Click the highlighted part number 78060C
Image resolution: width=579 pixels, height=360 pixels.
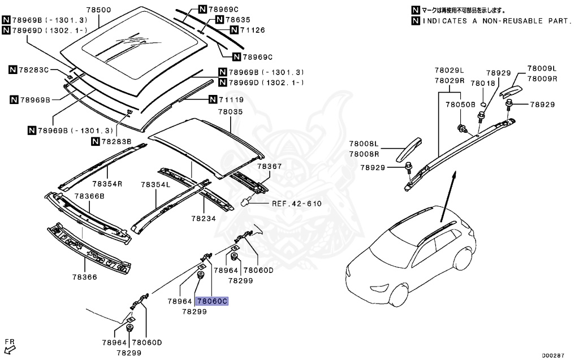pos(211,302)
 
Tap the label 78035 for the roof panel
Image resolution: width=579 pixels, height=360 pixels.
pos(230,112)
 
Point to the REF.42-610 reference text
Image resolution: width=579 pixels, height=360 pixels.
pos(296,203)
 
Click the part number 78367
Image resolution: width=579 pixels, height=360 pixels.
pos(269,167)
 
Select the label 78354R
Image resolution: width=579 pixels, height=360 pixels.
pos(107,184)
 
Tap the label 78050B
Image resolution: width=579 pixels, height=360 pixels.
pos(460,105)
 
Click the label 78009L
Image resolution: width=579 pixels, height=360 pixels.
pos(542,68)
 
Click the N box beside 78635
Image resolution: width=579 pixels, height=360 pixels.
pos(219,20)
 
